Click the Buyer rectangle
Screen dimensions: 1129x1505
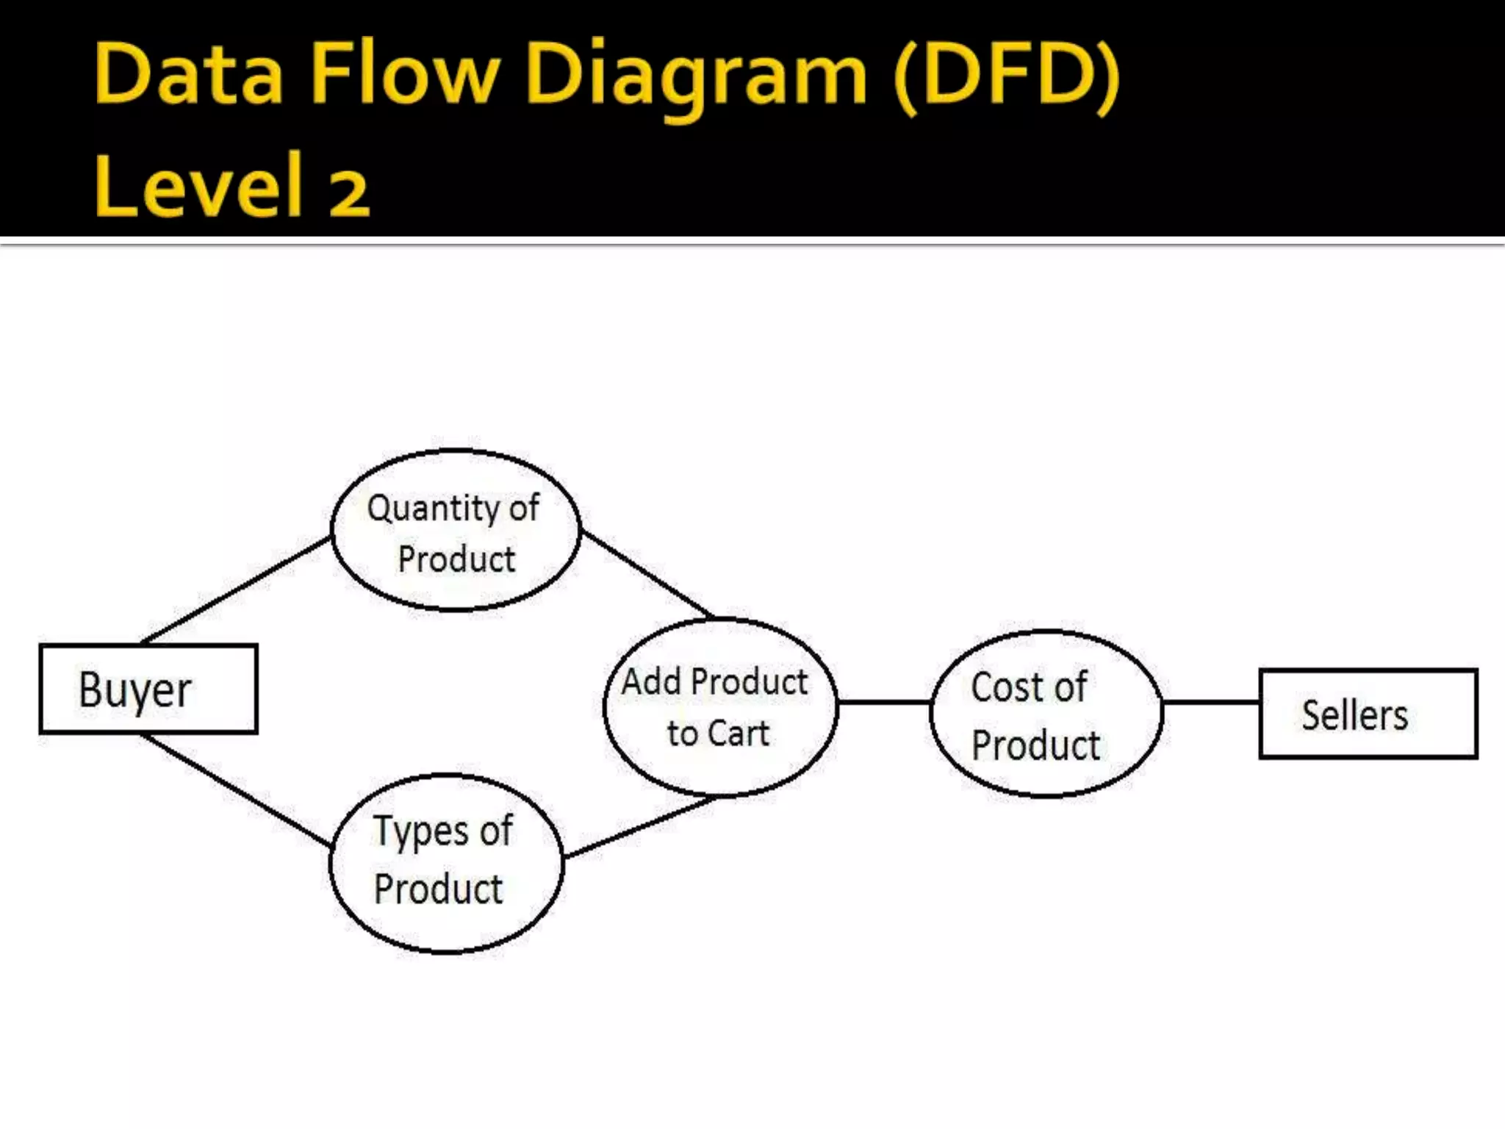148,689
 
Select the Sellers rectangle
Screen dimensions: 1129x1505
1368,714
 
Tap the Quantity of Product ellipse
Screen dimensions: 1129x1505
456,531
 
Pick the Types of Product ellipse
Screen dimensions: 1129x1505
446,863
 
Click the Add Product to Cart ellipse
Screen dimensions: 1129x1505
719,707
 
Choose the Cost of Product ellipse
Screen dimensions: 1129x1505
1046,713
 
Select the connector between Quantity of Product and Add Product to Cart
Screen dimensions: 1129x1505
647,574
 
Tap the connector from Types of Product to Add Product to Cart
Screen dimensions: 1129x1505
639,828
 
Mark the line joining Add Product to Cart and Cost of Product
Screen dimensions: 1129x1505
884,702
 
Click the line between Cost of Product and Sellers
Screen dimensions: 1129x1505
1211,702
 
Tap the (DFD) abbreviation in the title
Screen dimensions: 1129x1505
1007,74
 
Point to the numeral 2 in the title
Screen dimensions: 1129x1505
348,193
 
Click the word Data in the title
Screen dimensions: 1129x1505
189,74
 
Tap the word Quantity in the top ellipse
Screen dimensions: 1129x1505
434,509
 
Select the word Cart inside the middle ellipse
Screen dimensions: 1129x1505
738,734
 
